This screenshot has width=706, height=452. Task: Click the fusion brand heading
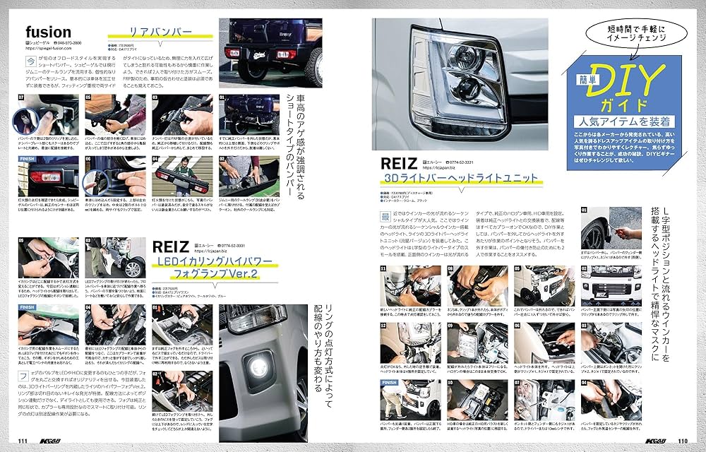[48, 32]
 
